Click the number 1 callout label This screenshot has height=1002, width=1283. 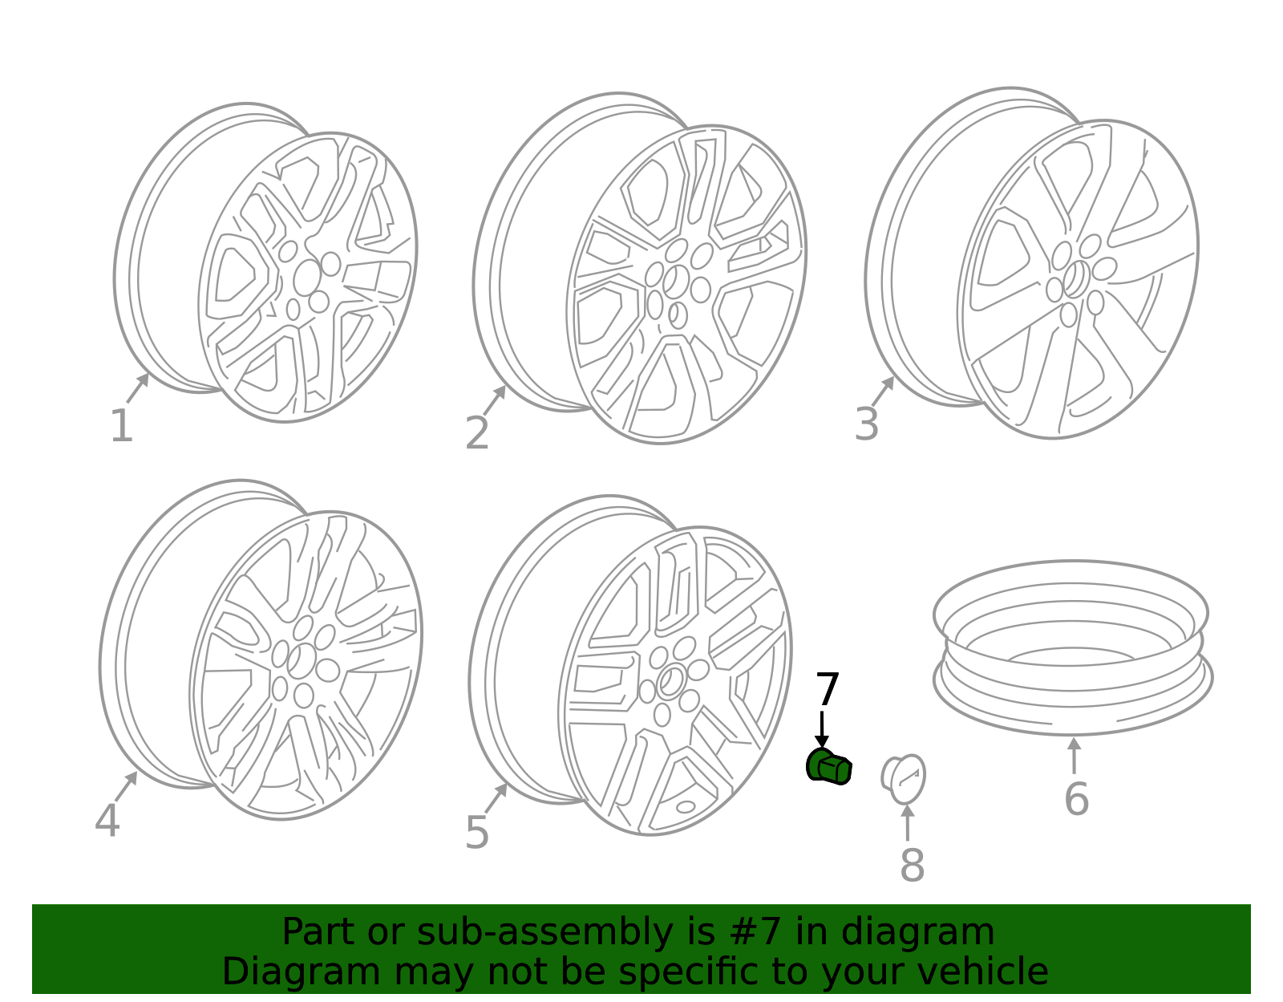pos(122,425)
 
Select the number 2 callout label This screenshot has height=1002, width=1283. pos(477,432)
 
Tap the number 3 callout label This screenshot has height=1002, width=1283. pos(867,424)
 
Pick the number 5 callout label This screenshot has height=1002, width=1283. pos(477,833)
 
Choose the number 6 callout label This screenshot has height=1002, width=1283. pos(1076,799)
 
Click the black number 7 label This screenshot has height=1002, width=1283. pos(828,689)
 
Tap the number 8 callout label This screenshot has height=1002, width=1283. pos(913,865)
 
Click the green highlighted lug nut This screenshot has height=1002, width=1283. pos(828,766)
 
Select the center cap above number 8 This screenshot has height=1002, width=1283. pos(904,779)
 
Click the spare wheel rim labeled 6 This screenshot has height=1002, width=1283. pos(1072,647)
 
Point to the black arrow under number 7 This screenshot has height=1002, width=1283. pos(822,730)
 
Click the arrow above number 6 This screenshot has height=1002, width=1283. pos(1074,755)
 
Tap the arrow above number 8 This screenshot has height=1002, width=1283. pos(908,822)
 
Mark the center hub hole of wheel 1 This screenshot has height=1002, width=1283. pos(307,278)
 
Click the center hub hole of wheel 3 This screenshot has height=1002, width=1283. pos(1076,278)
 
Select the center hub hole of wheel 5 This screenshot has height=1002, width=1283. pos(670,681)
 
